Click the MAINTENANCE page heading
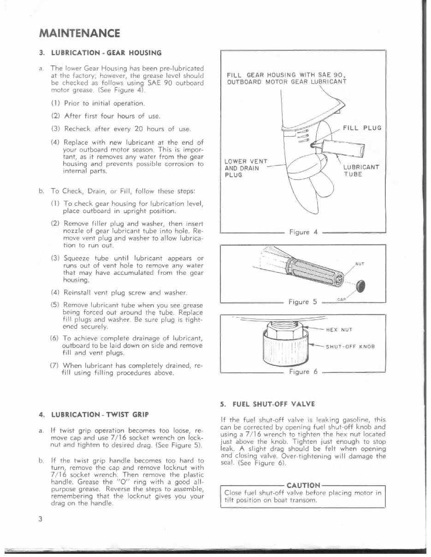[80, 34]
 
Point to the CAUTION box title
[303, 485]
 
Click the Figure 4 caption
[302, 232]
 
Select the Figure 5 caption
[302, 302]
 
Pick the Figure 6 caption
[302, 372]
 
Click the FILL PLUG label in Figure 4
[362, 128]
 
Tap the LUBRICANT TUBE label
[361, 171]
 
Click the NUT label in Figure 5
[360, 264]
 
